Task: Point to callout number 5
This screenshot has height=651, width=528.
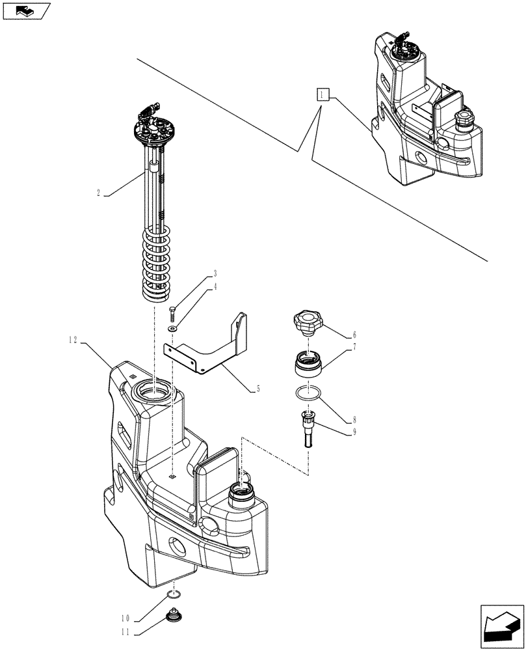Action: [258, 389]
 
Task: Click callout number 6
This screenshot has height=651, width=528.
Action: [354, 335]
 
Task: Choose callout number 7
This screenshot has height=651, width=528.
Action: [354, 348]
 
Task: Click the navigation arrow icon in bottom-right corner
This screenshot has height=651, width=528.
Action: [501, 626]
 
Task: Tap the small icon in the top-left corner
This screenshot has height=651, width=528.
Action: [26, 11]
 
